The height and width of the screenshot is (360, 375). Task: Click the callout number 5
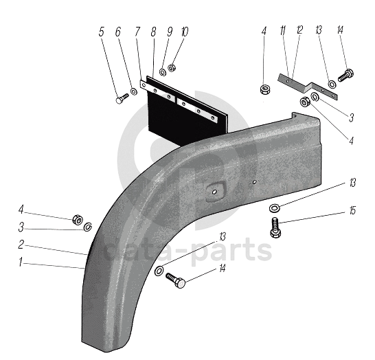coord(102,32)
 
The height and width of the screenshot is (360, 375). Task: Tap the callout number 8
coord(154,32)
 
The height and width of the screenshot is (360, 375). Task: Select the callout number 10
coord(184,32)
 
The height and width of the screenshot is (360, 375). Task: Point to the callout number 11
coord(283,30)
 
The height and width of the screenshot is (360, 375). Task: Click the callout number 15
coord(352,210)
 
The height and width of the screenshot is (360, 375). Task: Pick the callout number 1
coord(21,262)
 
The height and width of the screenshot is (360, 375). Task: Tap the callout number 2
coord(21,245)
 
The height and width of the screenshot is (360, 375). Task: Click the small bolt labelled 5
coord(122,98)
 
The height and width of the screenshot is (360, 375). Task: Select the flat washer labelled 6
coord(134,91)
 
